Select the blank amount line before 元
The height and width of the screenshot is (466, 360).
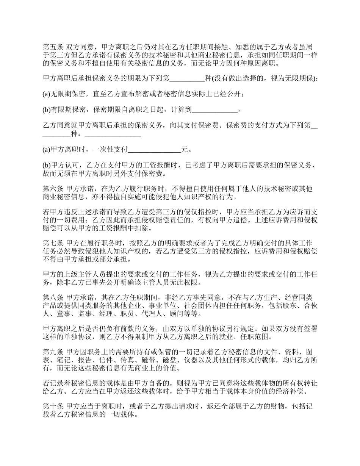click(x=155, y=149)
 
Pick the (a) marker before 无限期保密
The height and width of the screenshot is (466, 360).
click(x=47, y=94)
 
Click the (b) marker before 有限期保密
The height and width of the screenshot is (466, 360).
click(x=47, y=110)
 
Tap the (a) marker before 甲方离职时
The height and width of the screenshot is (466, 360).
click(x=47, y=149)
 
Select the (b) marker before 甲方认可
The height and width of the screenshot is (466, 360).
click(x=47, y=165)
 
